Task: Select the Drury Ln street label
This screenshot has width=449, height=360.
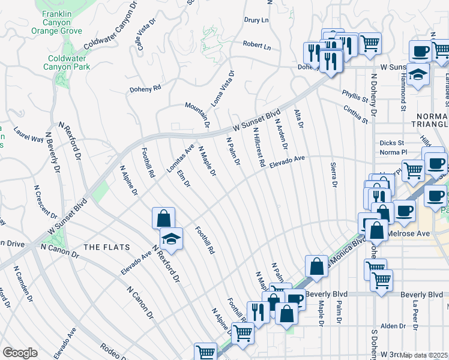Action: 256,20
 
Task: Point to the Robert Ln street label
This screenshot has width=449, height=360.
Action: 257,45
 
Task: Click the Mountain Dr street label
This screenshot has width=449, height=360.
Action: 197,115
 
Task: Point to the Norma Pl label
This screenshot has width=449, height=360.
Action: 394,152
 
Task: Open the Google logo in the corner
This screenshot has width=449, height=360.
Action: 20,353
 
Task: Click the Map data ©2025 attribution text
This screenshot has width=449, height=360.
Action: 424,355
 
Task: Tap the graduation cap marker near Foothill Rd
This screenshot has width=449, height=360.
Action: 171,239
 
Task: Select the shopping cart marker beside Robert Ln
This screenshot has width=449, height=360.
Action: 370,43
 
